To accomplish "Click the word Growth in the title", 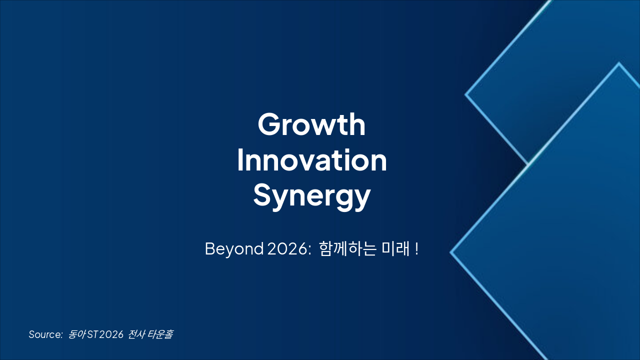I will click(311, 125).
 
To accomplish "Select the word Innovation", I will click(311, 161).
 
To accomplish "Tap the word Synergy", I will click(311, 196).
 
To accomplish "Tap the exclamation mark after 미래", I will click(416, 249).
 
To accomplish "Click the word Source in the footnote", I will click(44, 334).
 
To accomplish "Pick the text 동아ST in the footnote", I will click(83, 334).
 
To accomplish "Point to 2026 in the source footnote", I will click(111, 334).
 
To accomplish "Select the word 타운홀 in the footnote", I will click(160, 334).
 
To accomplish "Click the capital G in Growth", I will click(268, 125).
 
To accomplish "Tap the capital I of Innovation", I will click(240, 161).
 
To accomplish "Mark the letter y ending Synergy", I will click(362, 198).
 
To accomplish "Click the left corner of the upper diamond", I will click(466, 94).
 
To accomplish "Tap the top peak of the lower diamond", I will click(618, 63).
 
